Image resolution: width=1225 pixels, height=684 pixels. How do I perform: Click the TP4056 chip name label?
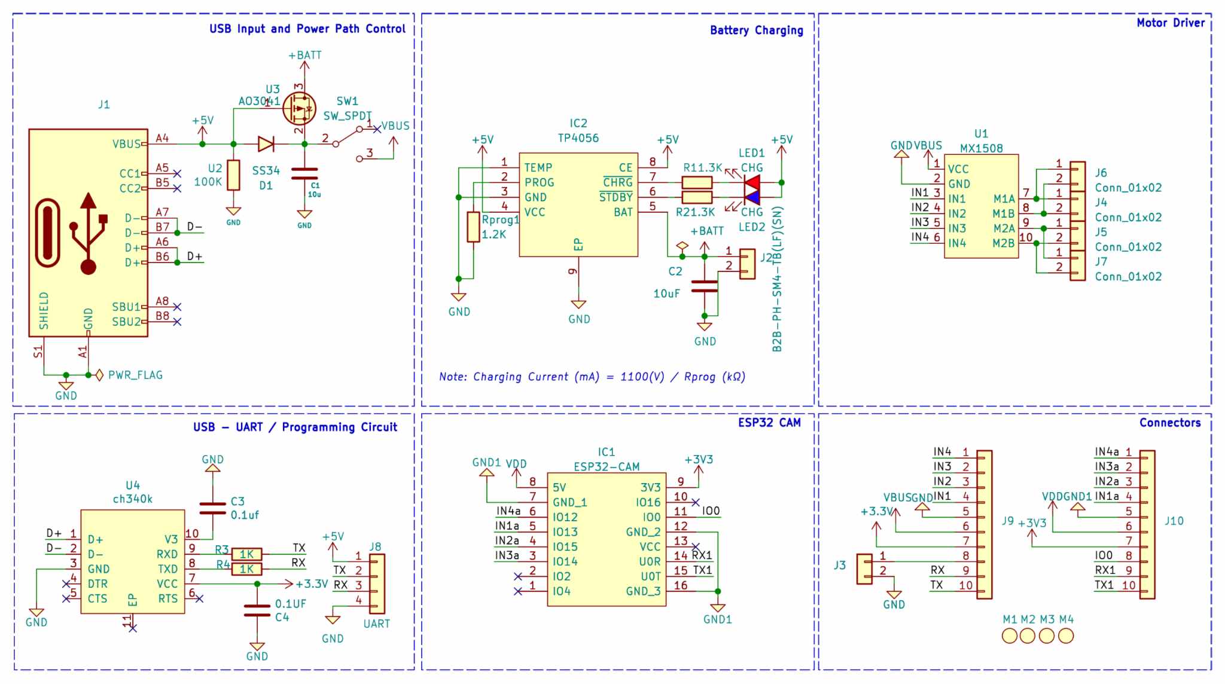(x=578, y=138)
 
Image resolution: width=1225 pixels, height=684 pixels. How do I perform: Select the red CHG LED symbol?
(x=751, y=182)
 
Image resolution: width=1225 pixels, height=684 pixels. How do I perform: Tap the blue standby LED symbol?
(x=751, y=197)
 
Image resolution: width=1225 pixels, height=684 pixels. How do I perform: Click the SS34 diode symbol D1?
(x=266, y=143)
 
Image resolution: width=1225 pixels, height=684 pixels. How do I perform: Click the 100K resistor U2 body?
(x=233, y=175)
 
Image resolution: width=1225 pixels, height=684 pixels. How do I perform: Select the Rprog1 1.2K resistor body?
(x=473, y=227)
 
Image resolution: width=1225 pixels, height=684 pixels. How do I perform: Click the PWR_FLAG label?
(x=135, y=375)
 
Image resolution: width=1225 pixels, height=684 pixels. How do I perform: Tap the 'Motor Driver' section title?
(x=1171, y=23)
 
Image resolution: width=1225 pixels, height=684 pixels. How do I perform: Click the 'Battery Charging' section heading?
(x=756, y=30)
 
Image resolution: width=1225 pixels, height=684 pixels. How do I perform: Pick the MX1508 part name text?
(x=981, y=148)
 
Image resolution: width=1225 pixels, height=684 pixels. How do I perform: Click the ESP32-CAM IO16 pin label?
(x=648, y=502)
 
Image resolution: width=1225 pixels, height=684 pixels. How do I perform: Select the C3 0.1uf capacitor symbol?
(x=212, y=508)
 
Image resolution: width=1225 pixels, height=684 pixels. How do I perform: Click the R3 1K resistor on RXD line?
(x=246, y=554)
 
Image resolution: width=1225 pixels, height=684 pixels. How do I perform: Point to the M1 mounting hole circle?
(x=1010, y=636)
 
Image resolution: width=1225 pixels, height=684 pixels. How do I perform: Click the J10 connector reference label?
(x=1174, y=521)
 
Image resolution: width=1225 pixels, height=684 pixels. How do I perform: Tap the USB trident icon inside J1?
(x=88, y=233)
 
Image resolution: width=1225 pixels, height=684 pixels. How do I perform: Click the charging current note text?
(x=592, y=377)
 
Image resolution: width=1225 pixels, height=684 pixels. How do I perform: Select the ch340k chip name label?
(x=132, y=499)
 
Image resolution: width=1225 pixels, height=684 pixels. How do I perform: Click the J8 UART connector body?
(x=377, y=584)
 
